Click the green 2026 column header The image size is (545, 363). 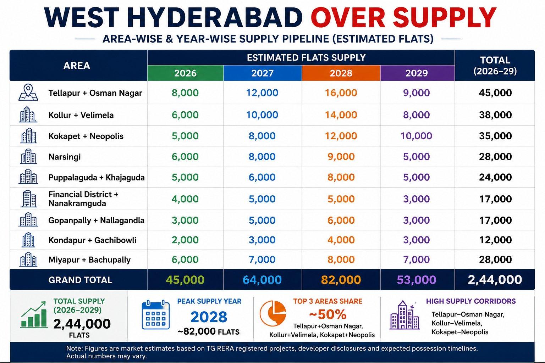point(186,73)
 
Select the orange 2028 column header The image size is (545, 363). point(341,73)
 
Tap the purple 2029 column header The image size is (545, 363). point(417,73)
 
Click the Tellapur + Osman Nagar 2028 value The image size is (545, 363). point(341,93)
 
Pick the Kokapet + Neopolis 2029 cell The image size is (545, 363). point(416,136)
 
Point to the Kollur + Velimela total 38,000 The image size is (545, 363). point(495,115)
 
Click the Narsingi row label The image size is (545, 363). point(65,157)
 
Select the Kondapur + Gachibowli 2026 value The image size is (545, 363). point(185,240)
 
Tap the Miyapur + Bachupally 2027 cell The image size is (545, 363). point(262,260)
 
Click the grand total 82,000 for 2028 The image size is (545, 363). point(341,280)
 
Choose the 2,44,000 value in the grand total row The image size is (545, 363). point(495,280)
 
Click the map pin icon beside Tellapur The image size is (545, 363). point(28,93)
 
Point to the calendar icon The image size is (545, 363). point(156,315)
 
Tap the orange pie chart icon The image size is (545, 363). point(273,313)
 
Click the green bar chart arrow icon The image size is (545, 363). point(34,315)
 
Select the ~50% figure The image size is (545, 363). point(328,314)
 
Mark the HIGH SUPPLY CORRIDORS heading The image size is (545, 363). point(471,301)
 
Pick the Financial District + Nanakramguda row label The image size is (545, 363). point(83,199)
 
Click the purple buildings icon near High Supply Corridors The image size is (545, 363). point(404,315)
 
